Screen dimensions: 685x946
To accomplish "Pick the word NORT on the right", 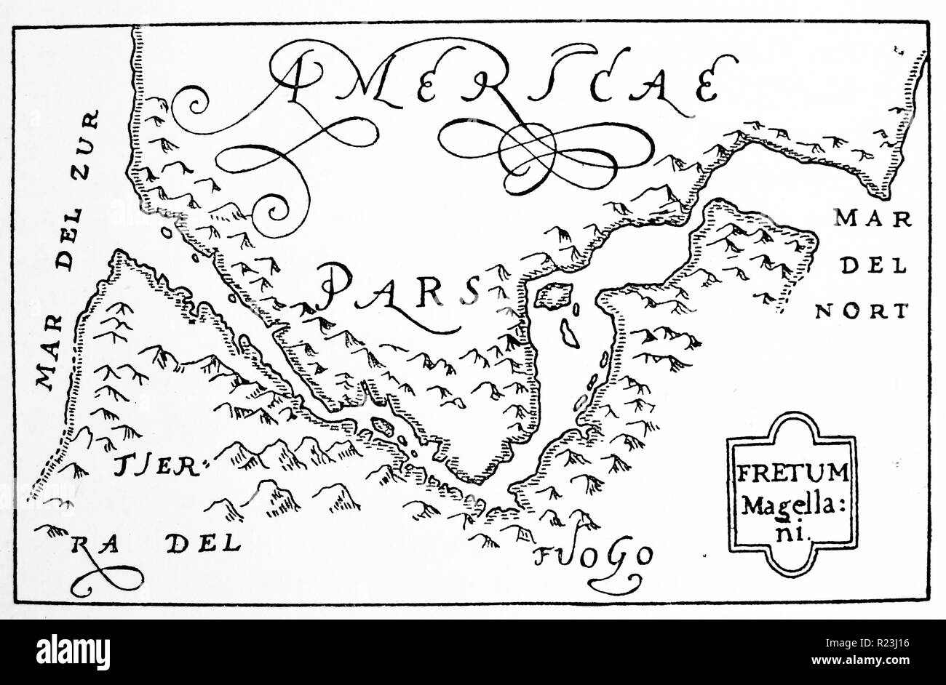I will coord(862,311).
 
